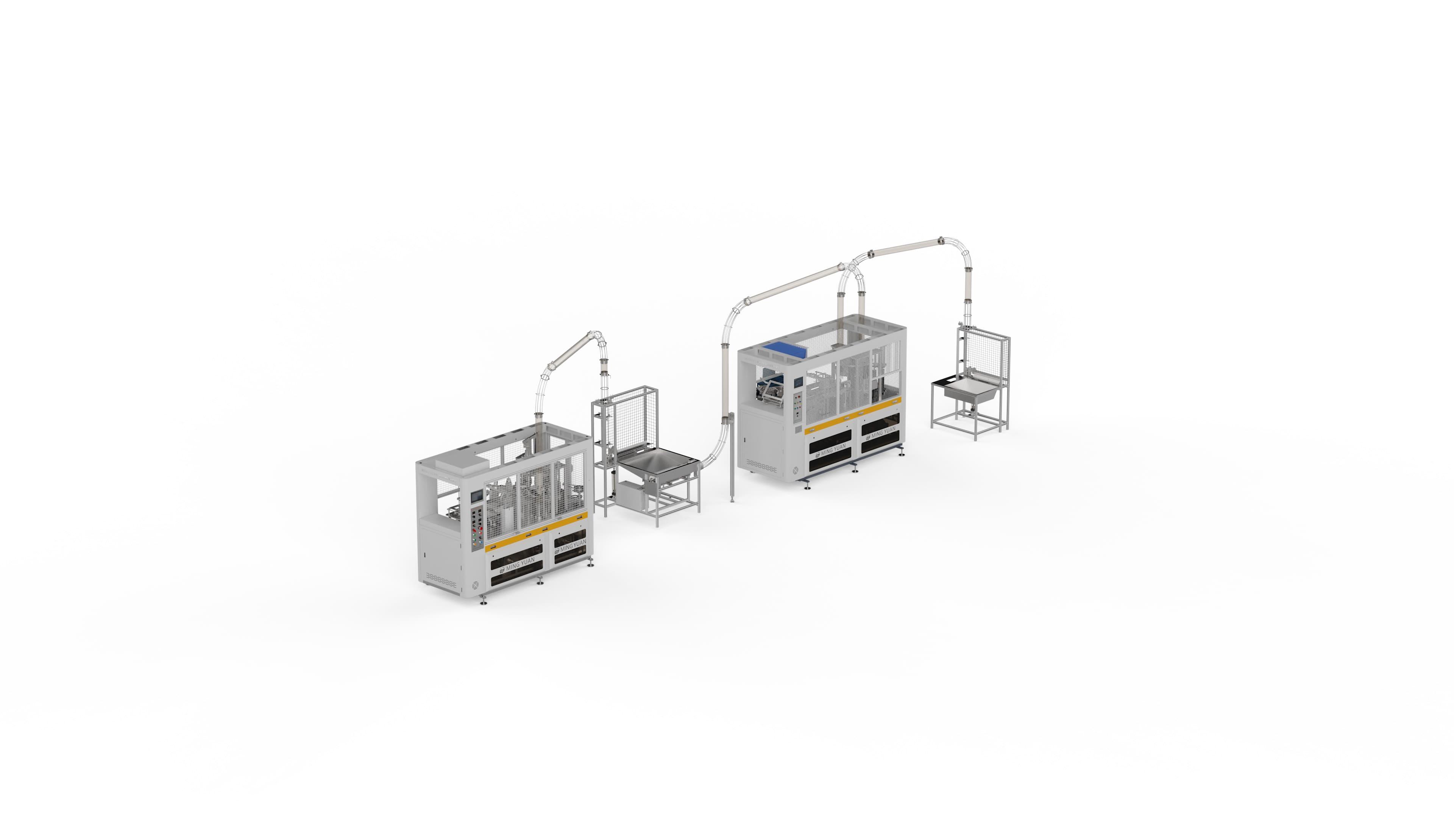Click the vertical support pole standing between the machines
pos(732,457)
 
